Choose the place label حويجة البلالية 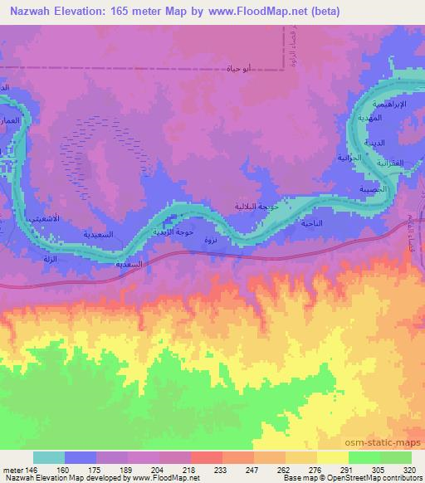[x=249, y=207]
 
